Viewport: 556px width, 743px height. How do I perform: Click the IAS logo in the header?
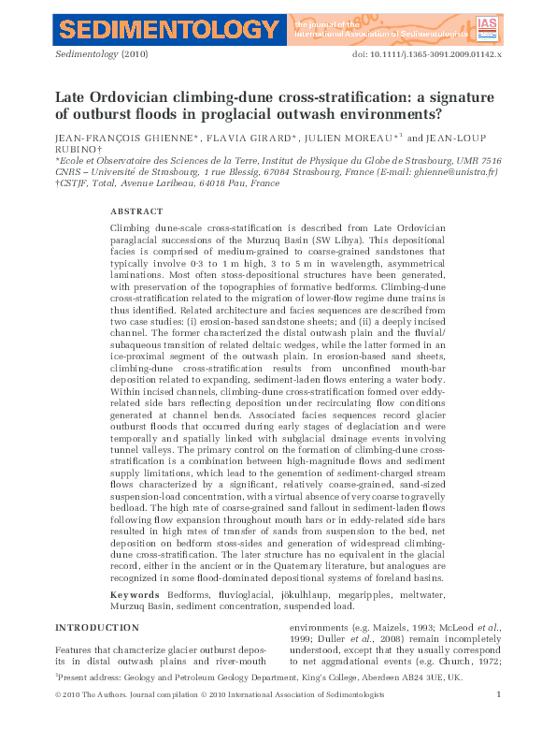click(x=487, y=27)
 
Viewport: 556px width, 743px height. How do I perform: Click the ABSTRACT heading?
click(x=135, y=211)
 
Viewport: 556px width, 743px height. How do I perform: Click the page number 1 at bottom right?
click(x=499, y=721)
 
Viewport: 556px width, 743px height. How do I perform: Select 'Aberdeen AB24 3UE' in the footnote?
click(x=436, y=700)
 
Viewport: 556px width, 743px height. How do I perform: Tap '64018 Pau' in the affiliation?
click(x=228, y=183)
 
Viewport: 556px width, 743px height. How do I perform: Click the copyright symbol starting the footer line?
click(x=59, y=721)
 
